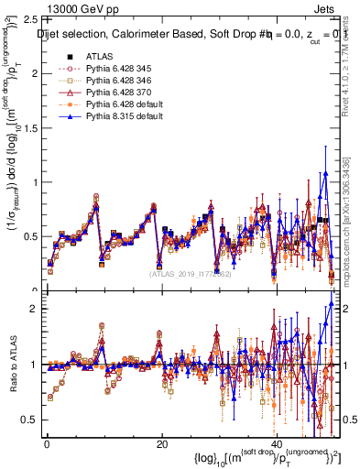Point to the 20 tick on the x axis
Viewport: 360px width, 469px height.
coord(161,442)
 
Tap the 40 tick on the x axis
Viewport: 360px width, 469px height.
coord(277,442)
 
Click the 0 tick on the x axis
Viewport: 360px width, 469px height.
coord(47,442)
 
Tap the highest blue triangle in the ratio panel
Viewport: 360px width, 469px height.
coord(331,304)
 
